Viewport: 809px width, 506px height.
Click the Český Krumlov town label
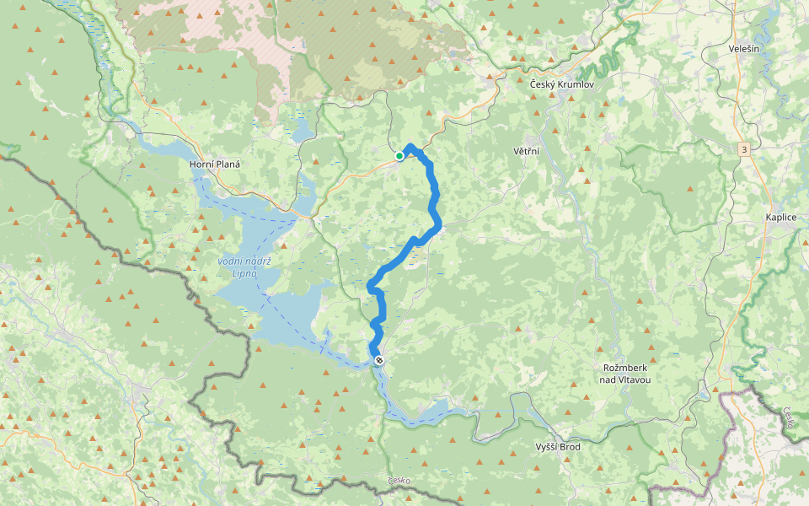tap(562, 85)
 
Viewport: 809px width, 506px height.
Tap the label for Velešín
tap(747, 49)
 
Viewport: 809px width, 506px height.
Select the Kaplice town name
tap(780, 217)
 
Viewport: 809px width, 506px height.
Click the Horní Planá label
tap(215, 164)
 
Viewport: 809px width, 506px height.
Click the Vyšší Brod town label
tap(558, 447)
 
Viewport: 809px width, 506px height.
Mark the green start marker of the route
tap(399, 156)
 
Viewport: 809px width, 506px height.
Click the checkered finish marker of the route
tap(379, 360)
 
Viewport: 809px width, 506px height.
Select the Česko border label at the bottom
tap(399, 481)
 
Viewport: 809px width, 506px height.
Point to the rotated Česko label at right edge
tap(789, 419)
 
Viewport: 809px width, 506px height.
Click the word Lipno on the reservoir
tap(244, 275)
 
